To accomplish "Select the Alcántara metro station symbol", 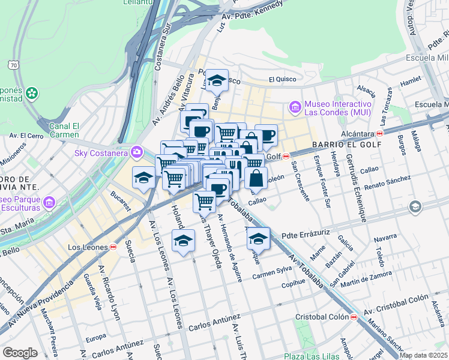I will point(380,133).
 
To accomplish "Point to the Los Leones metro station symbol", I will point(113,247).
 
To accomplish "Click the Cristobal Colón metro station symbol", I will point(354,316).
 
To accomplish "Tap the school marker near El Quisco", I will point(217,79).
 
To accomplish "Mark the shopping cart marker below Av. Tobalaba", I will point(204,201).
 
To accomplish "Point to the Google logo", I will point(20,352).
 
